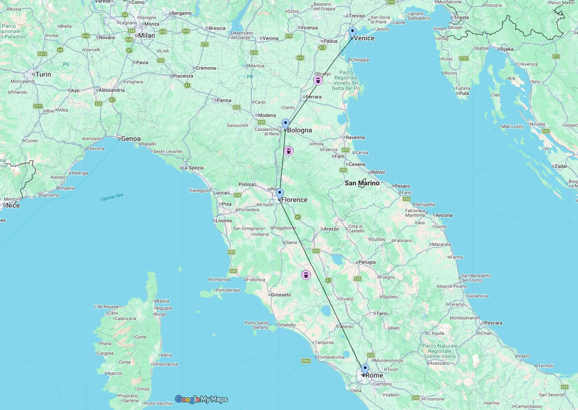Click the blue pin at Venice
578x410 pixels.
352,32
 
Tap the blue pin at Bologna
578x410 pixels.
285,124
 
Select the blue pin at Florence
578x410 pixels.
280,193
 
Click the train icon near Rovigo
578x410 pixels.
318,80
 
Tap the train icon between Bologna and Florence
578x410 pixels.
288,151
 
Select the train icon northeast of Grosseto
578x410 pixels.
306,275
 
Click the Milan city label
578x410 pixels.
146,35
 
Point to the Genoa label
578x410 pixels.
131,139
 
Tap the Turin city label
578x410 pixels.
43,74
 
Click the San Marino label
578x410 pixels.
362,183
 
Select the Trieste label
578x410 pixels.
461,18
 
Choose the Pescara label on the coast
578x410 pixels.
493,323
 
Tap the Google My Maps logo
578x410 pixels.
201,399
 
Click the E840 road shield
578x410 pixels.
306,361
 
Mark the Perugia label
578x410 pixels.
367,262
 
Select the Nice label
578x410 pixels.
13,205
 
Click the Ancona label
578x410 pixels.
444,215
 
